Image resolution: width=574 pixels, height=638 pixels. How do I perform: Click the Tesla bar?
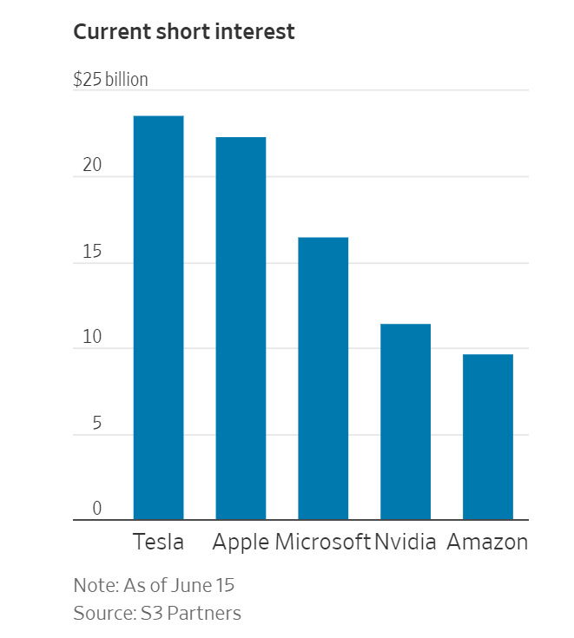click(158, 318)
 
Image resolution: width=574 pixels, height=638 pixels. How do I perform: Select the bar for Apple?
click(241, 328)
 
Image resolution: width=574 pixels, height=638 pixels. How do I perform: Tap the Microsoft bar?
click(323, 378)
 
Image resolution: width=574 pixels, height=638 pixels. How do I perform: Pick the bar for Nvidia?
click(406, 422)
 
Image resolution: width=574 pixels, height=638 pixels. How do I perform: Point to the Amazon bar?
click(487, 437)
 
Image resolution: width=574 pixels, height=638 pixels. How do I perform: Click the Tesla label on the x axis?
click(158, 543)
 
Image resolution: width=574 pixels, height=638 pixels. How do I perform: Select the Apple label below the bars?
click(241, 543)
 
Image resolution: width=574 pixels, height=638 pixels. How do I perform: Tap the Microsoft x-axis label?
click(322, 543)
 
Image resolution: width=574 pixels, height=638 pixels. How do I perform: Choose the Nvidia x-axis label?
click(406, 543)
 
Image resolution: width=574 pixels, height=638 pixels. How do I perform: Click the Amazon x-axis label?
click(487, 543)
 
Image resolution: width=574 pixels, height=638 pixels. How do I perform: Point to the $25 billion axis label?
click(110, 80)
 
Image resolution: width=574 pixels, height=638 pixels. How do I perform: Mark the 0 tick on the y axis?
click(96, 509)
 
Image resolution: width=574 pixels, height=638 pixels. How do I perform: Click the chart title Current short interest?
click(184, 32)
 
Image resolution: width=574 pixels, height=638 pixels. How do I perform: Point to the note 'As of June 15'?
click(154, 584)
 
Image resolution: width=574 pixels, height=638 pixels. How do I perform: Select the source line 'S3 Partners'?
click(157, 613)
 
